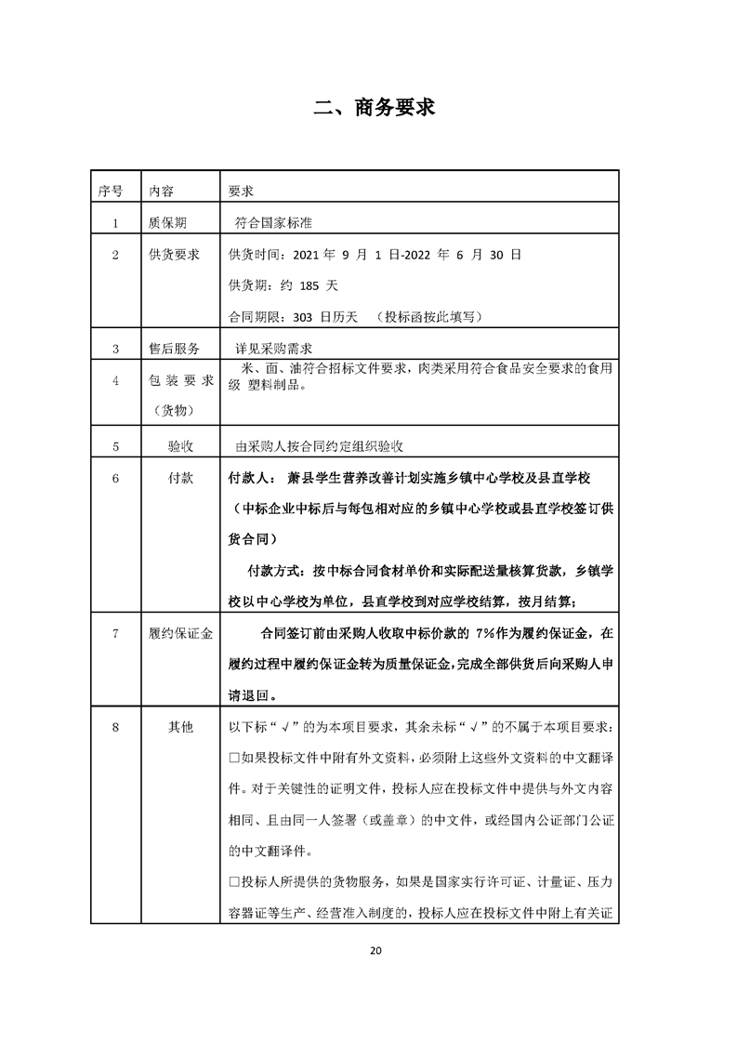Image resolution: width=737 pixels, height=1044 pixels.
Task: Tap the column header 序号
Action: click(x=110, y=191)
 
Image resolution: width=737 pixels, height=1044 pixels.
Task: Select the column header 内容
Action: click(x=161, y=191)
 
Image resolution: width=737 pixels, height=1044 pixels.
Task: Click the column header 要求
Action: click(x=242, y=191)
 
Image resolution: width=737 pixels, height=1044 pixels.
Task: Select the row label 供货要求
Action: click(x=175, y=254)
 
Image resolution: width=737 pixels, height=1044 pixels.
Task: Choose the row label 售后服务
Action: click(x=175, y=350)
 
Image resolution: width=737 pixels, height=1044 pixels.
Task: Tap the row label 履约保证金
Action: click(x=180, y=634)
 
